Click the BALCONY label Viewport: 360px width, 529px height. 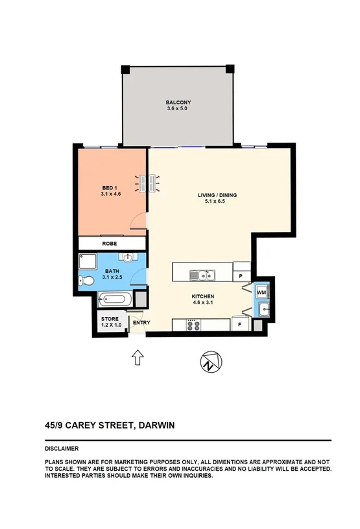point(178,102)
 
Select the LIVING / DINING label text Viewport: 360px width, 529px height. point(216,195)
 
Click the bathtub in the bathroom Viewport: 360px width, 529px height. point(115,300)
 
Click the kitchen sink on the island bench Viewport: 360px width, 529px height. point(202,276)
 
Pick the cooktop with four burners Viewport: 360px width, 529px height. point(191,323)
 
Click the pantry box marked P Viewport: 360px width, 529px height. point(241,276)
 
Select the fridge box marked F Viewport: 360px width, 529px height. point(241,323)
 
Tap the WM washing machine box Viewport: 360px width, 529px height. point(261,293)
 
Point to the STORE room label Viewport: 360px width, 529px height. point(108,321)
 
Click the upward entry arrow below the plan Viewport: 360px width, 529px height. point(138,357)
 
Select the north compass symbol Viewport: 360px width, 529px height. point(209,361)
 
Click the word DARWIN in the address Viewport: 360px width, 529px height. point(156,426)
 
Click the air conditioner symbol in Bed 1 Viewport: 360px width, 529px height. point(147,183)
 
